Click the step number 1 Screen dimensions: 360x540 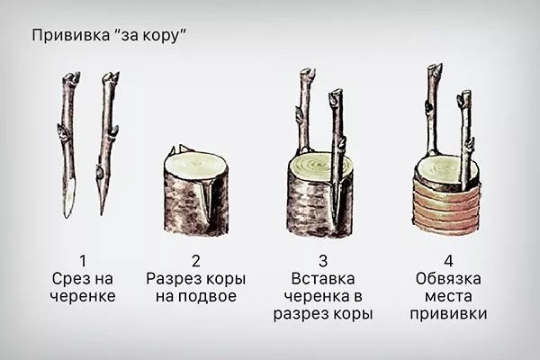[84, 262]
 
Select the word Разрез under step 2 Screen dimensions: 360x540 [172, 279]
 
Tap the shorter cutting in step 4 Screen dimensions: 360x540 [465, 135]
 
